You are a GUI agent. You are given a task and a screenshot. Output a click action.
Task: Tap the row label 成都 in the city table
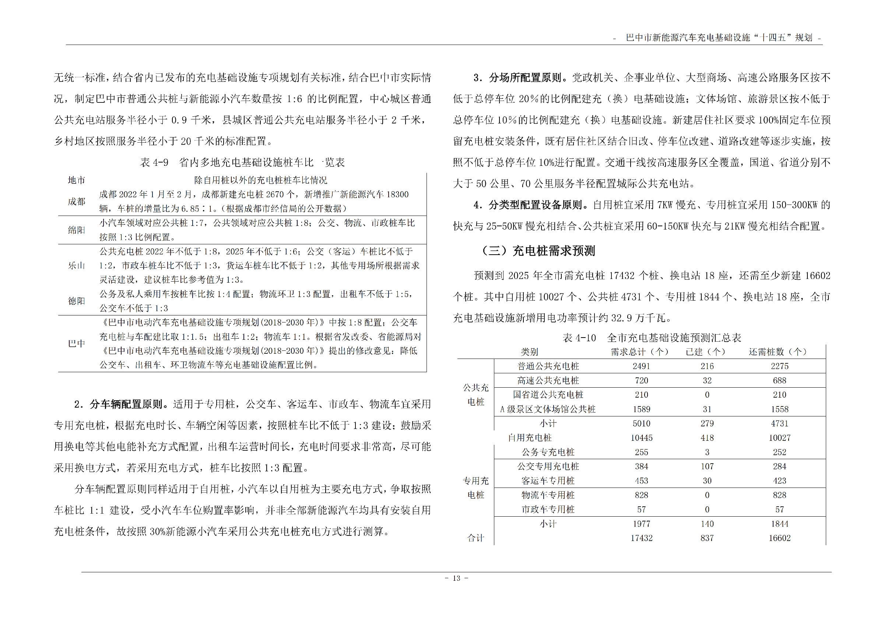(76, 202)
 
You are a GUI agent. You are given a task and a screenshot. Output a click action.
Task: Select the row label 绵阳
(76, 230)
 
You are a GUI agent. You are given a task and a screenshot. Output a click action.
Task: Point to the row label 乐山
(76, 266)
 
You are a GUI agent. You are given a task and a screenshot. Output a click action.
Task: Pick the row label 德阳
(76, 301)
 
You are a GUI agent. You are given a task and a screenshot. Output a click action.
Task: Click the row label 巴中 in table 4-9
(76, 343)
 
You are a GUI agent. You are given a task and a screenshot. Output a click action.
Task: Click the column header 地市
(76, 180)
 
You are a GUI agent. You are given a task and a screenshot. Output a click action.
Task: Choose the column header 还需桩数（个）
(777, 352)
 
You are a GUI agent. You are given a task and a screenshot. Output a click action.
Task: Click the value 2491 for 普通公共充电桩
(641, 366)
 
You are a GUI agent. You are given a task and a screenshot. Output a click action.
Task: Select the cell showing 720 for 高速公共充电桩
(641, 381)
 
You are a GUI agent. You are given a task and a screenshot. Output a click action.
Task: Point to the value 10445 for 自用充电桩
(641, 438)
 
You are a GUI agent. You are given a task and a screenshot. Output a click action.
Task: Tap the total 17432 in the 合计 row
(641, 538)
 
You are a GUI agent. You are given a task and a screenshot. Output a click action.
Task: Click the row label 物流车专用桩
(547, 495)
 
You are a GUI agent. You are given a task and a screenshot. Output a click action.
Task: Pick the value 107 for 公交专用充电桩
(707, 466)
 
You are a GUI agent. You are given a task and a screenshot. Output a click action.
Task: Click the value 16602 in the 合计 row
(779, 538)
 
